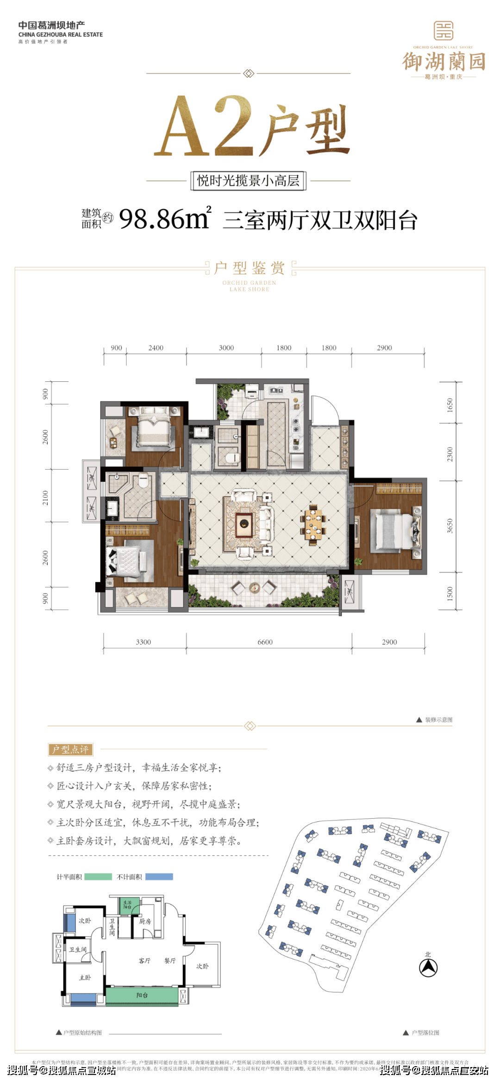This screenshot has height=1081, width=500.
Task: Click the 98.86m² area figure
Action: pyautogui.click(x=164, y=219)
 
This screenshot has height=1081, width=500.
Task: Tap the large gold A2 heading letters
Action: pyautogui.click(x=204, y=126)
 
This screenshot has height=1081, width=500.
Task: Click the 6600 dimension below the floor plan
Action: pyautogui.click(x=265, y=642)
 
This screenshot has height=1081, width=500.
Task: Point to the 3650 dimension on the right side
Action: pyautogui.click(x=450, y=526)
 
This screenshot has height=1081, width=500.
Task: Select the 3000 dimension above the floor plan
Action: pyautogui.click(x=226, y=348)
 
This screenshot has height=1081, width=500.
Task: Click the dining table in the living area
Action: pyautogui.click(x=313, y=525)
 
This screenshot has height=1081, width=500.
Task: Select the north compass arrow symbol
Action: pyautogui.click(x=428, y=967)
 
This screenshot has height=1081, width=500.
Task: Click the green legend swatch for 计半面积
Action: pyautogui.click(x=98, y=876)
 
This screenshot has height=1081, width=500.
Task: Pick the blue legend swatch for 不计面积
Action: pyautogui.click(x=159, y=876)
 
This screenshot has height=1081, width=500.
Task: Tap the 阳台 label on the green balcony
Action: pyautogui.click(x=142, y=995)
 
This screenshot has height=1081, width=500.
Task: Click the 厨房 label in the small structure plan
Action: pyautogui.click(x=145, y=921)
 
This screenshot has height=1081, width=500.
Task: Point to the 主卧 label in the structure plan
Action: pyautogui.click(x=85, y=977)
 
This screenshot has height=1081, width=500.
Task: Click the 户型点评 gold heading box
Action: pyautogui.click(x=70, y=749)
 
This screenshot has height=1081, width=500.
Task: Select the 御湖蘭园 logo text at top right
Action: pyautogui.click(x=443, y=62)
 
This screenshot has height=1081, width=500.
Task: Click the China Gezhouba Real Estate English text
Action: pyautogui.click(x=60, y=35)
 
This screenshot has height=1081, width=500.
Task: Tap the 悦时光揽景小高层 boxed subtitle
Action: pyautogui.click(x=249, y=180)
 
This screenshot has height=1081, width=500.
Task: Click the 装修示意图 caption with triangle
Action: pyautogui.click(x=434, y=720)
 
